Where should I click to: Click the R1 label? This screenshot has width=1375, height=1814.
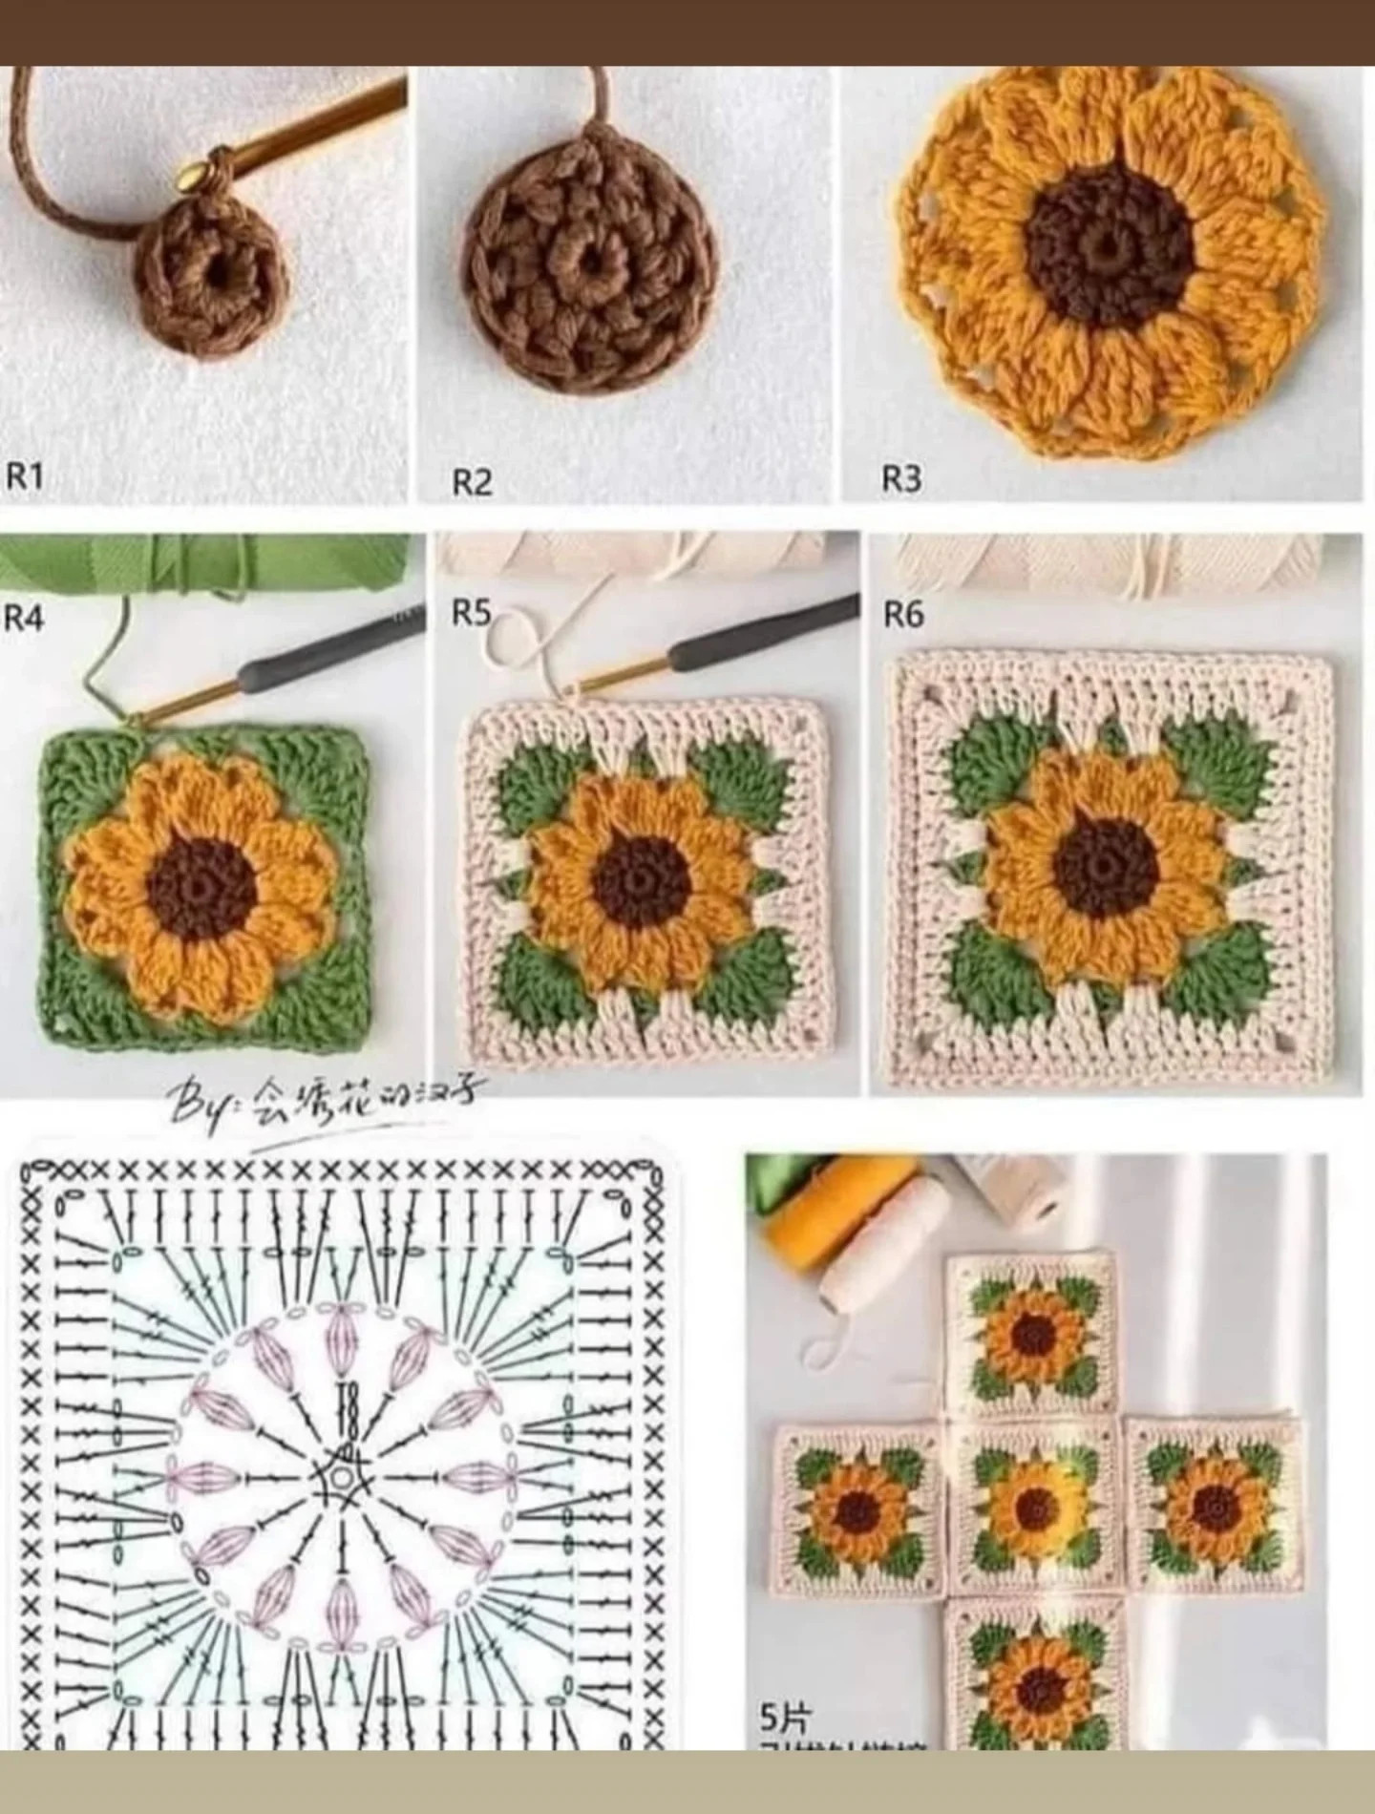click(x=25, y=475)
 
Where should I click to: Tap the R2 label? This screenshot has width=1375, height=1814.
click(x=472, y=482)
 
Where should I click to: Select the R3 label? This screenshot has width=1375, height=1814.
click(x=901, y=478)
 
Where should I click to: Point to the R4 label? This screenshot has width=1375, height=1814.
click(x=24, y=619)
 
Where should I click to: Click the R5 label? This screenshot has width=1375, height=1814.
click(x=471, y=613)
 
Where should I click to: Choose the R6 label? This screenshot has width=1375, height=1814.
click(x=903, y=615)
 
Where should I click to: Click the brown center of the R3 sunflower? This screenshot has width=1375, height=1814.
click(x=1110, y=249)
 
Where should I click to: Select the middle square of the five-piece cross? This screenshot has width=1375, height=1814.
click(x=1033, y=1509)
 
